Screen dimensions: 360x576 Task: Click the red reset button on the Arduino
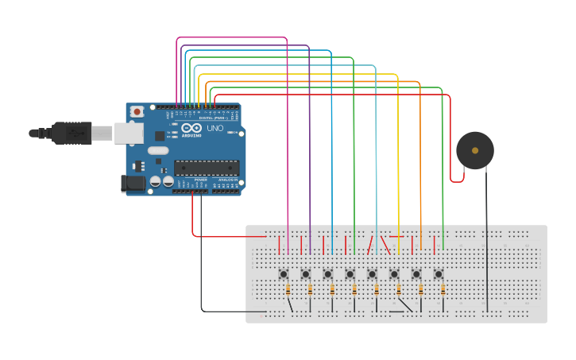click(137, 111)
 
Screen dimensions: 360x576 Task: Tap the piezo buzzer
click(475, 150)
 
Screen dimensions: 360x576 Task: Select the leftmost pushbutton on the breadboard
click(284, 274)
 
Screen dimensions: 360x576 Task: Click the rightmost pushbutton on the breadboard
click(438, 274)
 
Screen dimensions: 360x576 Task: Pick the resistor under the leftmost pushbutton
click(287, 292)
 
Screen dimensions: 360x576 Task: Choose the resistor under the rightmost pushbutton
click(443, 292)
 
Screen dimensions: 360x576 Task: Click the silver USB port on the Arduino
click(128, 133)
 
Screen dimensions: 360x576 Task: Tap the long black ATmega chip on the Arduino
click(207, 167)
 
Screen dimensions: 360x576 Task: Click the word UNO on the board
click(215, 128)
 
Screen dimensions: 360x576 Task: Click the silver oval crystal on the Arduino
click(158, 150)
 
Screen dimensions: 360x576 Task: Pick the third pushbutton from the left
click(328, 274)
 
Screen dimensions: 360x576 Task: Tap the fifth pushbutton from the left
click(372, 274)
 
